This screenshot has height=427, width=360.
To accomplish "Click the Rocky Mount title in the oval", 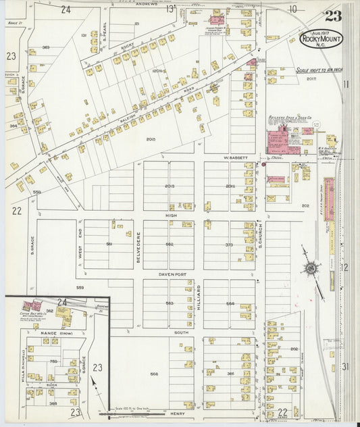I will point(322,39).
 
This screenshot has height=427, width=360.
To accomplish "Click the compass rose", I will point(311,269).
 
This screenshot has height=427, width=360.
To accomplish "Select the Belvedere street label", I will point(138,244).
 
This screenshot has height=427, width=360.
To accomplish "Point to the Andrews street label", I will point(146,6).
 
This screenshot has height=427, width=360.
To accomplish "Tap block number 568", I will point(154,374).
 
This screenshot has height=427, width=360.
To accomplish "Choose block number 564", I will point(230,303).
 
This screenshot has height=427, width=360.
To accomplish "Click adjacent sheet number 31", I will point(345,366).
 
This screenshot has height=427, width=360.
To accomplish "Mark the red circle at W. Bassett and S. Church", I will point(263,164).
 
